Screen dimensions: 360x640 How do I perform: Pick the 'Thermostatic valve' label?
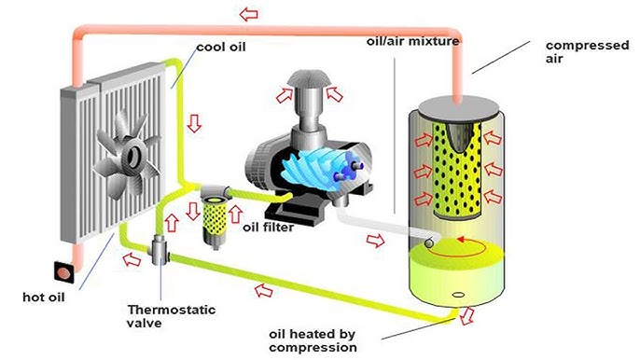click(x=160, y=316)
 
